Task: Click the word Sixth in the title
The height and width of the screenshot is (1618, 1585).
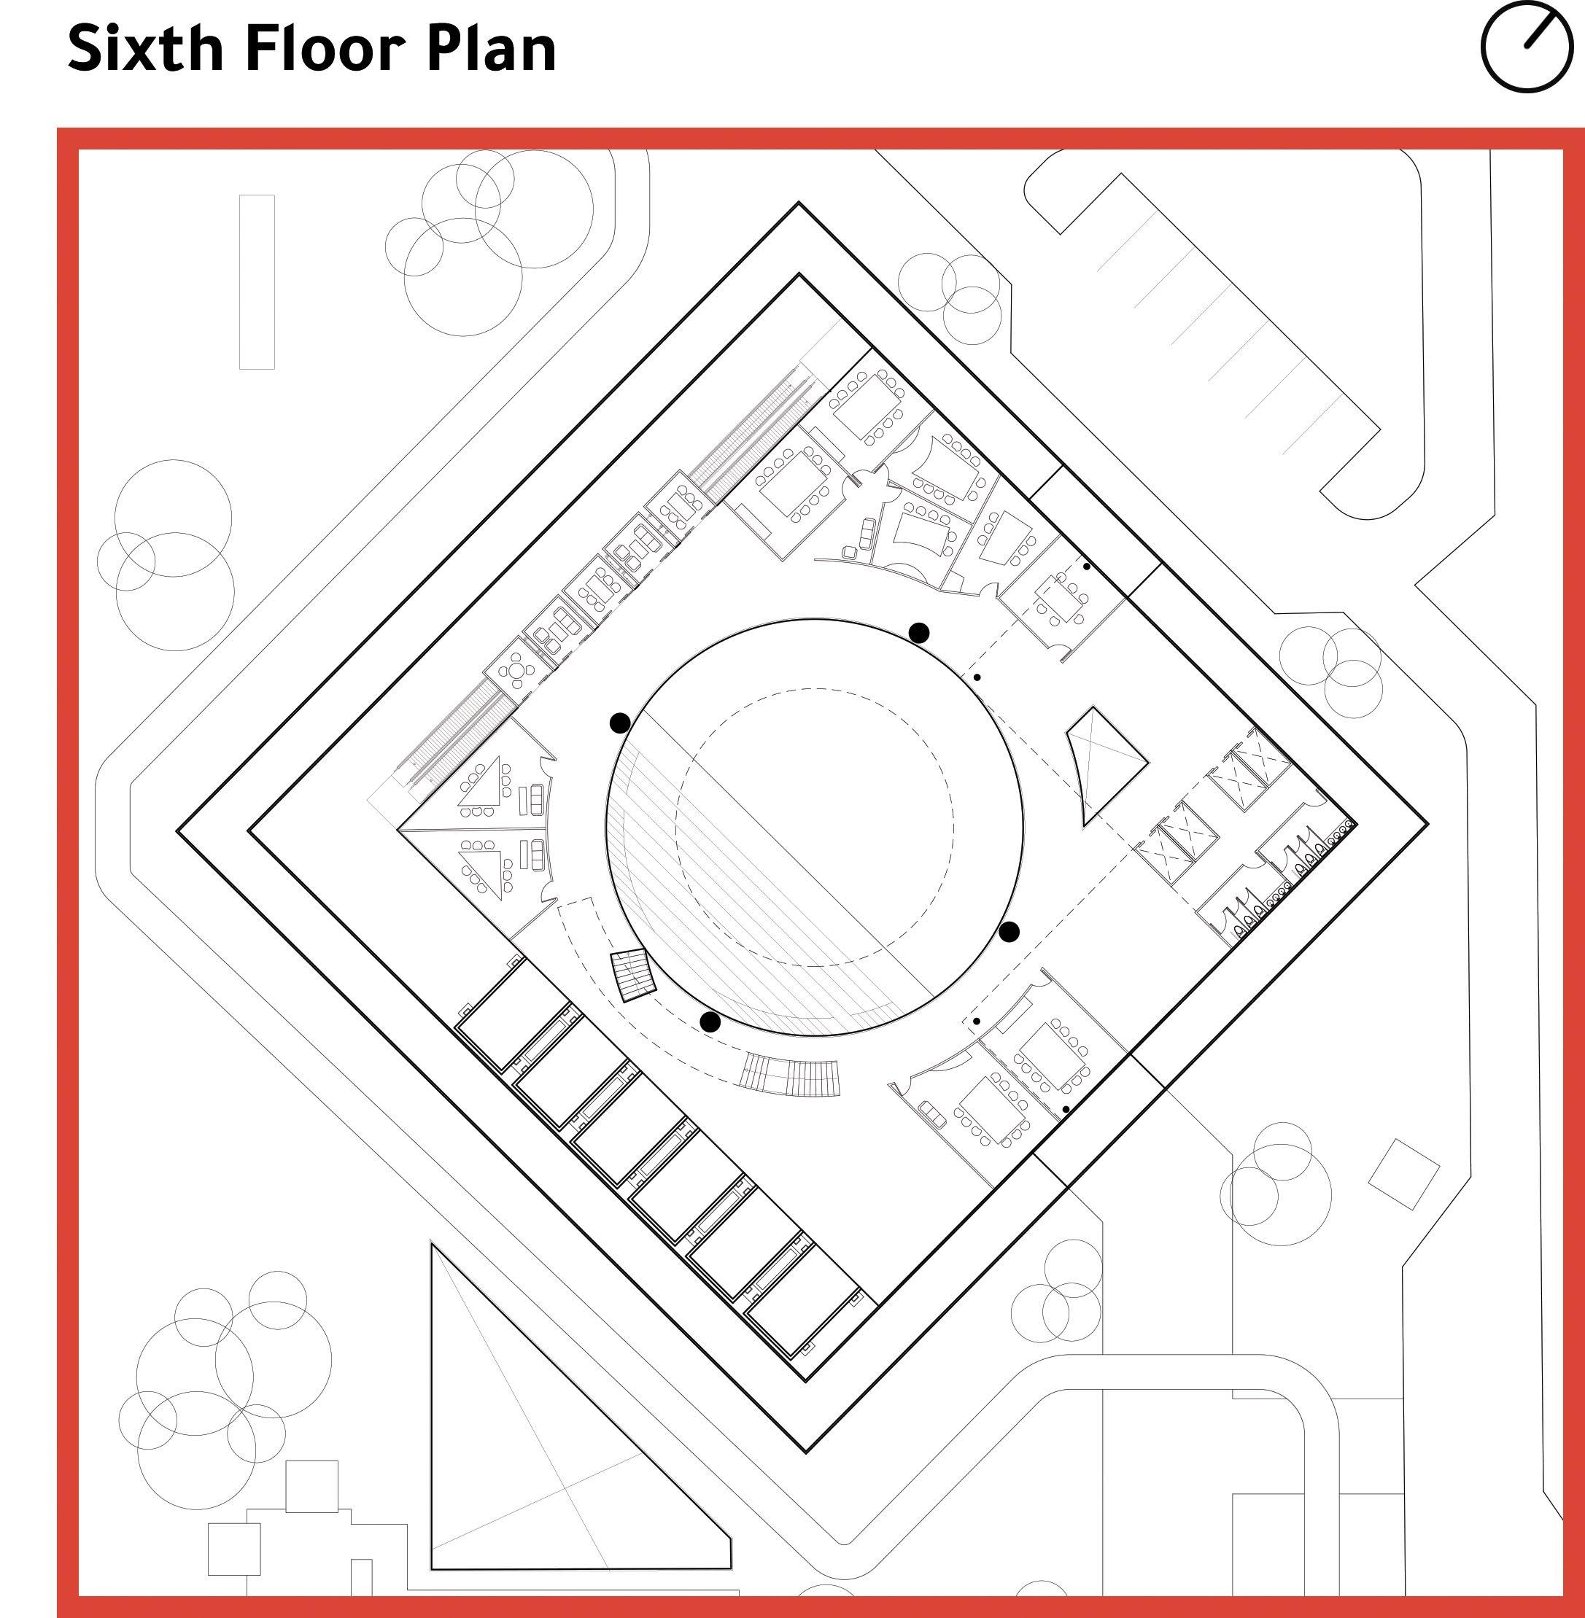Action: click(x=146, y=47)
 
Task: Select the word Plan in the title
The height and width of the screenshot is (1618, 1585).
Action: click(x=490, y=47)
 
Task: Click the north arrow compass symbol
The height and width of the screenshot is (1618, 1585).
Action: click(x=1526, y=46)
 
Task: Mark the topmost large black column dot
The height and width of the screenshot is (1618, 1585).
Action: click(x=918, y=633)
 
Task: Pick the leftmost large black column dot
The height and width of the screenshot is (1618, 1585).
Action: click(x=619, y=723)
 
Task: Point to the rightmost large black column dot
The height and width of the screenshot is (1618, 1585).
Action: click(x=1009, y=932)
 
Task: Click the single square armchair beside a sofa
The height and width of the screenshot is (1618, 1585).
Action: click(x=850, y=552)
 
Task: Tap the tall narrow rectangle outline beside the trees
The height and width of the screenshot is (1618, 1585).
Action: click(x=257, y=281)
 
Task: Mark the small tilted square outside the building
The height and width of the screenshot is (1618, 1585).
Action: click(x=1403, y=1173)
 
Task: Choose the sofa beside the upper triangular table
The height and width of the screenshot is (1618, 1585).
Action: click(x=536, y=801)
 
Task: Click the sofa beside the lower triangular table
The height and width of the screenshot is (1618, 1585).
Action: click(x=536, y=852)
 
